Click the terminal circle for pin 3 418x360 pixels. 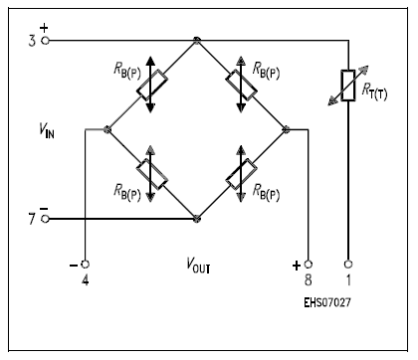pos(44,41)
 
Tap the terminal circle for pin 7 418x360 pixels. pos(44,218)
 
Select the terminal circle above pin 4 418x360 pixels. pos(85,265)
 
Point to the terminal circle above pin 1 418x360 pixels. pos(347,265)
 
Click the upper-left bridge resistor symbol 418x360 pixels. pos(152,86)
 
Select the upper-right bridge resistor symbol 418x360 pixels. pos(241,86)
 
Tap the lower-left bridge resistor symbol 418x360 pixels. pos(152,173)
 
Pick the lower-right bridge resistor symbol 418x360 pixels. pos(241,173)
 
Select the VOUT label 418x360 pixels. pos(198,267)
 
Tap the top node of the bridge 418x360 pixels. pos(197,41)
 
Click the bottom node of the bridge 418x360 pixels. pos(197,218)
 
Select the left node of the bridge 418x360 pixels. pos(108,129)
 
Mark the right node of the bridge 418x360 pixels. pos(286,129)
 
